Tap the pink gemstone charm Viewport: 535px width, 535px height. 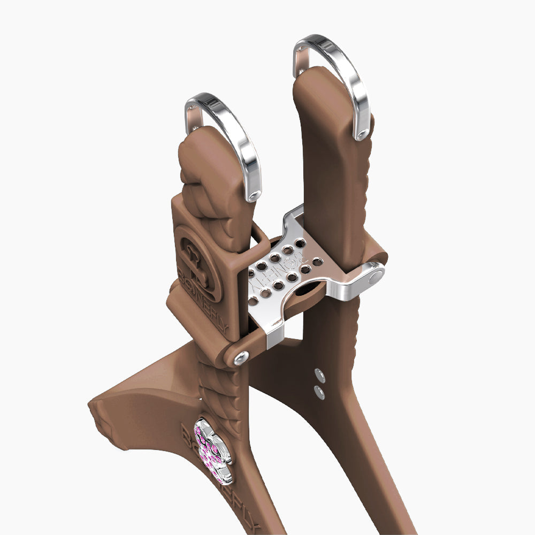click(212, 448)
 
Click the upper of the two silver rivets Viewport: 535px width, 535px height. click(319, 374)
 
